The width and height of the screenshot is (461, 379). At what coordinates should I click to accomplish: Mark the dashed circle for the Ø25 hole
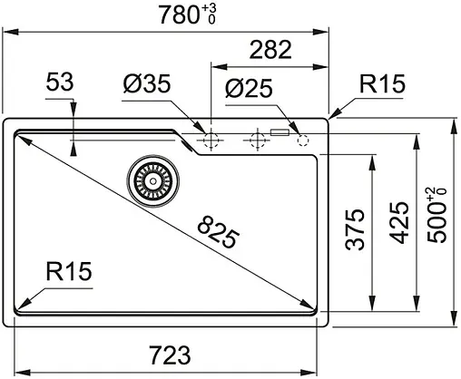(303, 140)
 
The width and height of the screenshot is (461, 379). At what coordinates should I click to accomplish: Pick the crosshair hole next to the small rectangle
(256, 140)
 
